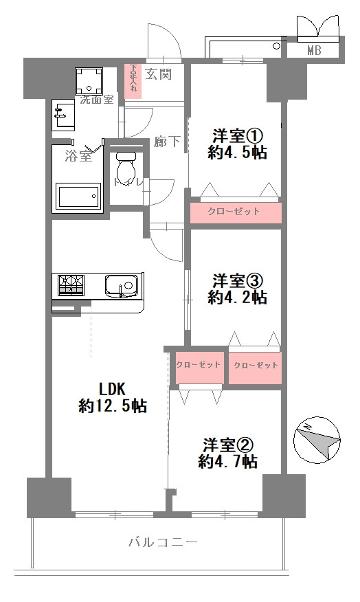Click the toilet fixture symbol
125,166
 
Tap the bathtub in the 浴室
78,195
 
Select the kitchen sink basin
122,285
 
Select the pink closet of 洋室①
235,212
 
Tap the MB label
315,49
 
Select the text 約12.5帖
112,405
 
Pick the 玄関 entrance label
159,74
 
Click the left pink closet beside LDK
198,365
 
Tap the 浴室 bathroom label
77,156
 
